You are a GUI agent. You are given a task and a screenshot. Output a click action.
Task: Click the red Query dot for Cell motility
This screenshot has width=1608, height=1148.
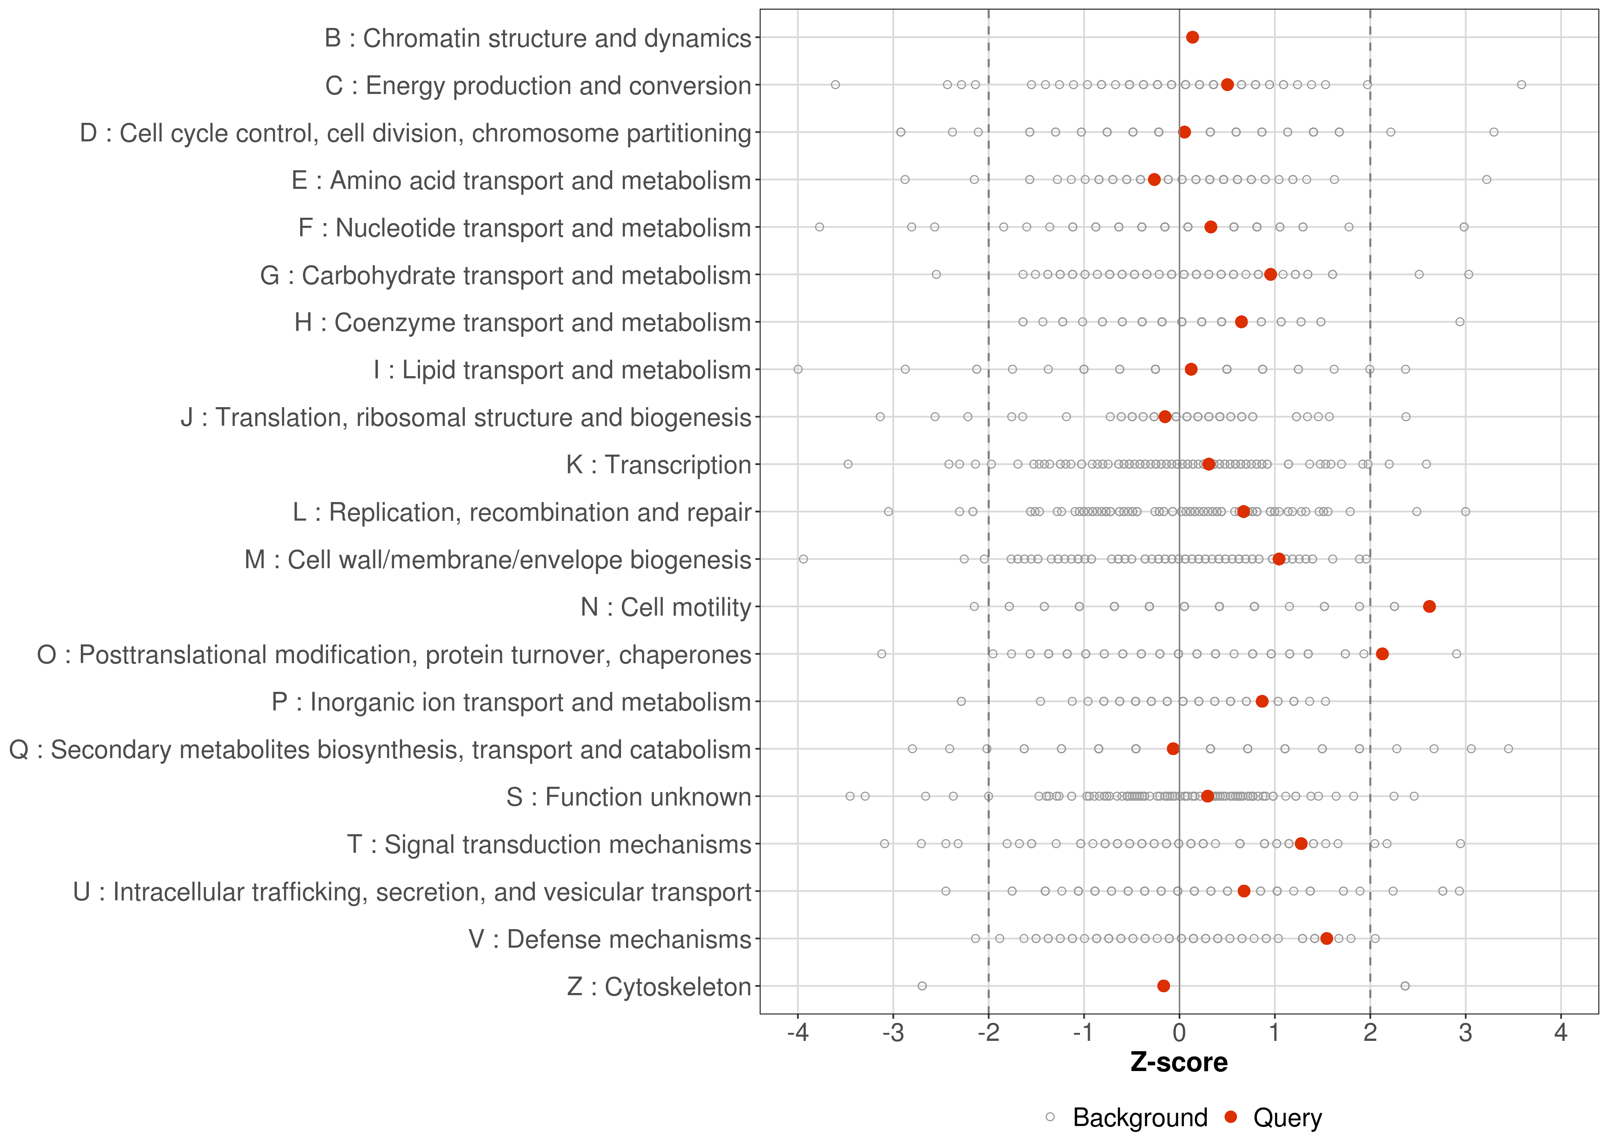click(x=1429, y=607)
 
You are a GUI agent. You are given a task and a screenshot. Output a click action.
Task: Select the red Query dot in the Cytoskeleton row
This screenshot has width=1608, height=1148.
click(x=1163, y=986)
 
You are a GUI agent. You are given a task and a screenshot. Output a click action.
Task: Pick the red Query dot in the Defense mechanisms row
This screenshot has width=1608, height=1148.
click(x=1327, y=939)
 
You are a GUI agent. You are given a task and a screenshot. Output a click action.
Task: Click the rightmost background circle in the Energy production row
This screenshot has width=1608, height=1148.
click(x=1521, y=85)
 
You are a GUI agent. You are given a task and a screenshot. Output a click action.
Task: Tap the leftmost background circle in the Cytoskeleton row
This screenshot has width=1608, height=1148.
click(x=922, y=986)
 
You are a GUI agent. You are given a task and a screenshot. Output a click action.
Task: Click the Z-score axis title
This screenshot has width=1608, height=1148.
click(x=1179, y=1062)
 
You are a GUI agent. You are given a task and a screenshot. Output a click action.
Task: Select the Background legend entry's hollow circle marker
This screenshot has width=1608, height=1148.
click(x=1050, y=1118)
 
